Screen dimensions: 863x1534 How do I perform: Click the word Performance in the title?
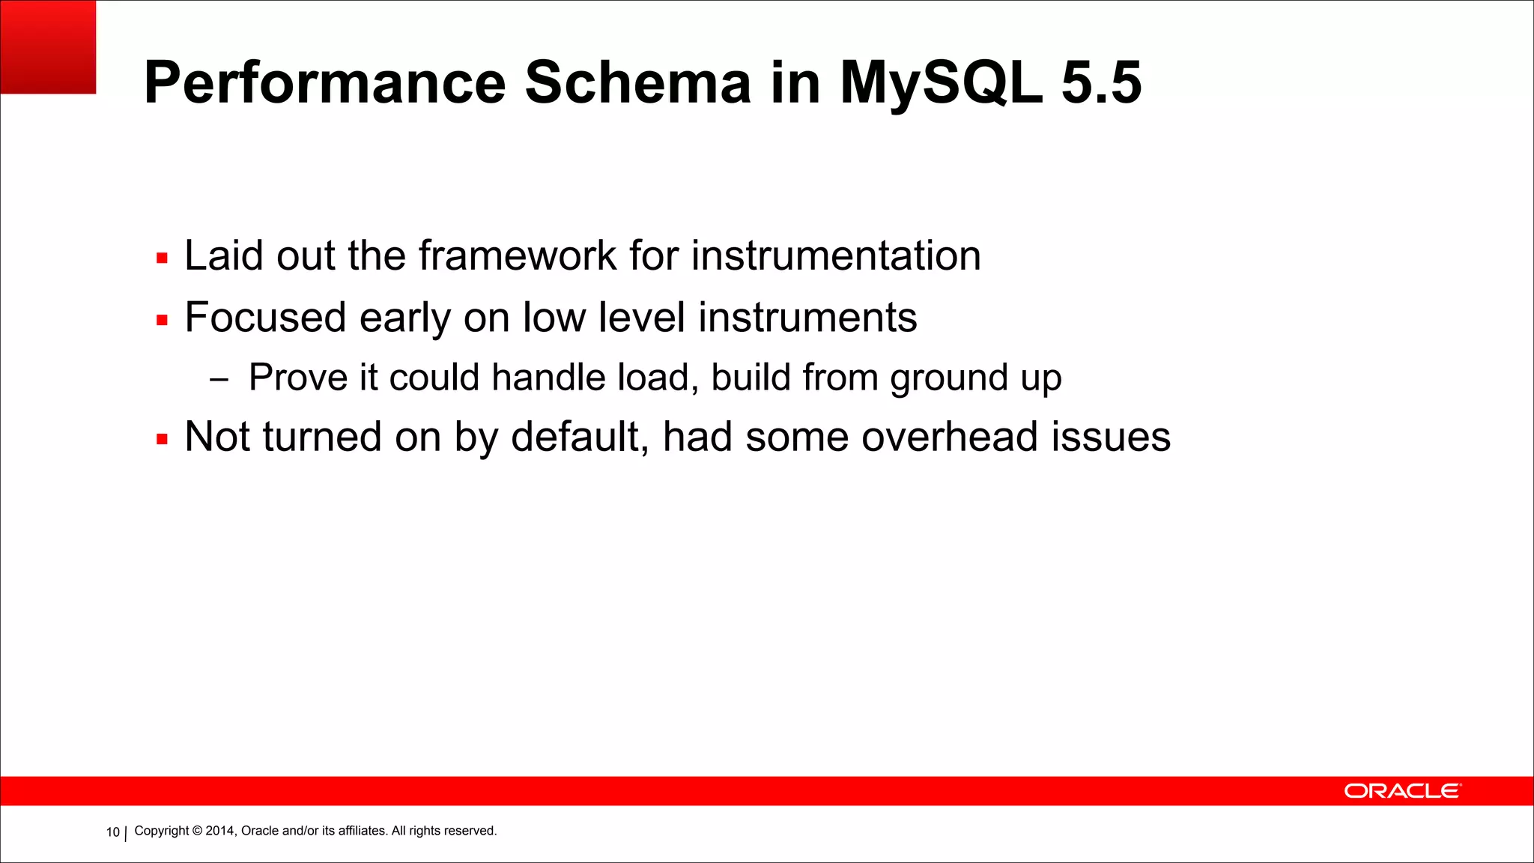[x=324, y=82]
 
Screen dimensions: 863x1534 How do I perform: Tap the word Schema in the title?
[x=637, y=82]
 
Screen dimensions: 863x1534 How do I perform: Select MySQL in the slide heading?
[x=940, y=82]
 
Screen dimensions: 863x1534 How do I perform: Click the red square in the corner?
[x=48, y=46]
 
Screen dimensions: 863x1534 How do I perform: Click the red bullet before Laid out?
[x=162, y=258]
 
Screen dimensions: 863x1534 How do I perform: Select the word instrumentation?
[x=835, y=255]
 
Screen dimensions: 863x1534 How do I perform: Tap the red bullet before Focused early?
[x=162, y=320]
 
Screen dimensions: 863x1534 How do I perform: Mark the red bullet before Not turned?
[x=162, y=439]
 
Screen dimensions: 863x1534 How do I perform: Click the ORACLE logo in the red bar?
[x=1401, y=791]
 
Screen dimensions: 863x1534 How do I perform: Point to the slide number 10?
[x=112, y=832]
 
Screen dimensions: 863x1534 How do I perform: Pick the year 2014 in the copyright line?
[x=220, y=831]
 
